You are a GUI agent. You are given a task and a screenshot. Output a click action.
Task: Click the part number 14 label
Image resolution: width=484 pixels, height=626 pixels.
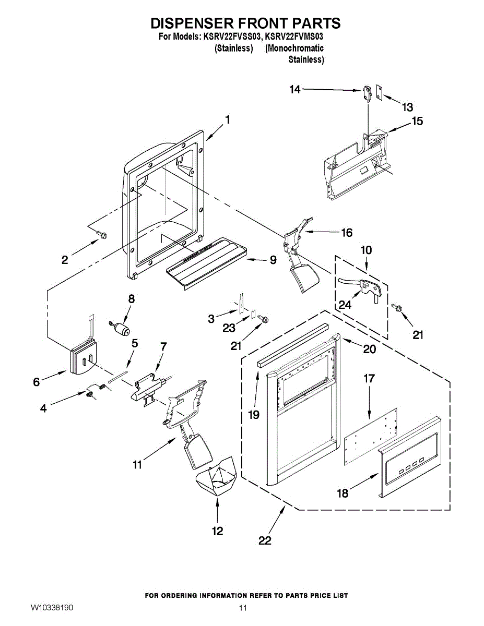[295, 90]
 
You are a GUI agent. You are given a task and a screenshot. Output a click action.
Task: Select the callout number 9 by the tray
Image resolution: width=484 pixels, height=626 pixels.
[273, 260]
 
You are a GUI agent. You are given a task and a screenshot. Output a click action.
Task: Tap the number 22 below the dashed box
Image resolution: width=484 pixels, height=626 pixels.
[265, 540]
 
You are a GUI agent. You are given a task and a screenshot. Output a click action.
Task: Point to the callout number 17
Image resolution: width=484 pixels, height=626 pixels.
[369, 378]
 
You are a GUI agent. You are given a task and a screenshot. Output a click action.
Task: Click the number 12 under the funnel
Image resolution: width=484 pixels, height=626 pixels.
[217, 531]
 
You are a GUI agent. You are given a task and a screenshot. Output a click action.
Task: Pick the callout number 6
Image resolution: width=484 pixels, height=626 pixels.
[36, 382]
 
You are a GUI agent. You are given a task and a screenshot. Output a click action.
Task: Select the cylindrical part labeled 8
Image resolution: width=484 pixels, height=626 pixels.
[123, 329]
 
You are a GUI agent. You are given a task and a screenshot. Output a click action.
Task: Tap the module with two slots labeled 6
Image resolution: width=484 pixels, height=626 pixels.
[83, 358]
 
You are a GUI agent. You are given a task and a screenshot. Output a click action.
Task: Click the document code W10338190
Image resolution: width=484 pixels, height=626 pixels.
[52, 608]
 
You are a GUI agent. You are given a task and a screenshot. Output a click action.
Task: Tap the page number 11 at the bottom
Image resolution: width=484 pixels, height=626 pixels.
[242, 608]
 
